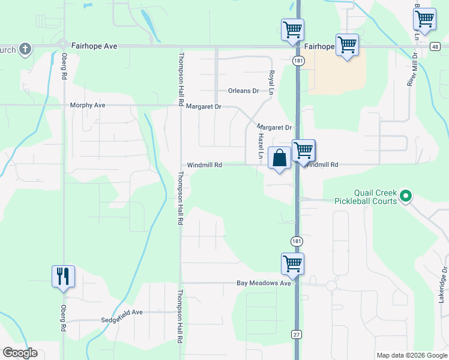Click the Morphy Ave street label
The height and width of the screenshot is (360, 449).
(88, 106)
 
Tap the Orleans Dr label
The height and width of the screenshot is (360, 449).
(243, 91)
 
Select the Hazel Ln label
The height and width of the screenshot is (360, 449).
(261, 145)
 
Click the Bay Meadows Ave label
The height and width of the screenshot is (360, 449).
(264, 283)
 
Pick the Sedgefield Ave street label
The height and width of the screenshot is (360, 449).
(122, 313)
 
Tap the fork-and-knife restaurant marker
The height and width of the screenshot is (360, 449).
(63, 277)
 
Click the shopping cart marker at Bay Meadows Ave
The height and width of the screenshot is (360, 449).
(292, 264)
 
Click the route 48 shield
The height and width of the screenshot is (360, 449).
(435, 46)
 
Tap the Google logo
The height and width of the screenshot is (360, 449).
(20, 353)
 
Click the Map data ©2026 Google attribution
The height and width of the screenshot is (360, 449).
(411, 355)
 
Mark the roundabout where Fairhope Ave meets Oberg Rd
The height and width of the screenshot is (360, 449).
(63, 44)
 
